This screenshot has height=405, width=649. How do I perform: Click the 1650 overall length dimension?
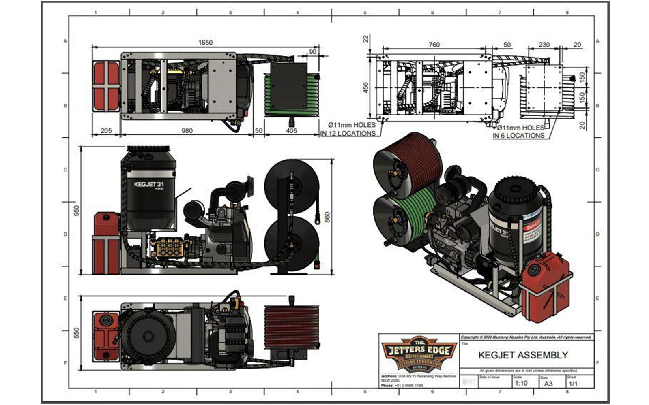pyautogui.click(x=205, y=43)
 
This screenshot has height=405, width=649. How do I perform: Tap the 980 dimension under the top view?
pyautogui.click(x=187, y=130)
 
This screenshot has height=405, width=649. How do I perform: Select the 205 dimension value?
pyautogui.click(x=106, y=130)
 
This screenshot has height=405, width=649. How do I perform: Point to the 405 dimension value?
pyautogui.click(x=291, y=130)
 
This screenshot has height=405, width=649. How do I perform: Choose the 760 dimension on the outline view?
pyautogui.click(x=434, y=45)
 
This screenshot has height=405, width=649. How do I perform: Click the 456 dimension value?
pyautogui.click(x=365, y=87)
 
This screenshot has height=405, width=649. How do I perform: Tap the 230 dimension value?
pyautogui.click(x=544, y=45)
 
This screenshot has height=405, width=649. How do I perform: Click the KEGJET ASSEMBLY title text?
pyautogui.click(x=523, y=355)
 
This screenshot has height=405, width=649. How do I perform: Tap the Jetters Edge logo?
pyautogui.click(x=417, y=353)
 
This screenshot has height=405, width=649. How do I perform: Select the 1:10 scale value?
pyautogui.click(x=521, y=383)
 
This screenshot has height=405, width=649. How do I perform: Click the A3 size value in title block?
pyautogui.click(x=548, y=383)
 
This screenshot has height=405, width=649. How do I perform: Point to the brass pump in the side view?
pyautogui.click(x=170, y=246)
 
